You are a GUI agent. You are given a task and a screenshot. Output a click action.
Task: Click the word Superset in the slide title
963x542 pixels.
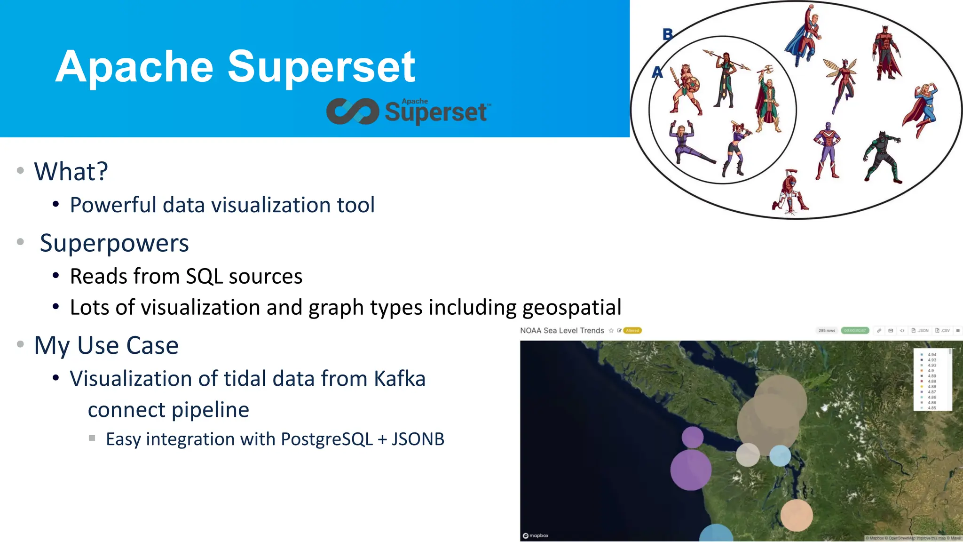pos(321,67)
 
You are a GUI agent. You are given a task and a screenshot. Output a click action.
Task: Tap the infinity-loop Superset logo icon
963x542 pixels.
pos(353,112)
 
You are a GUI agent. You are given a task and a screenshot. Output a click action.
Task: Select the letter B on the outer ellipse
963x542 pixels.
pos(668,34)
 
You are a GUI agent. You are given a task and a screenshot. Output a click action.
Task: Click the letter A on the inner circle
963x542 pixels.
pos(657,72)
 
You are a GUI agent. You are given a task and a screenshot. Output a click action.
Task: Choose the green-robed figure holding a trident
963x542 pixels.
pos(767,101)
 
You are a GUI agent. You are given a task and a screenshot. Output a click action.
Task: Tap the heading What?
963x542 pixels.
pos(71,171)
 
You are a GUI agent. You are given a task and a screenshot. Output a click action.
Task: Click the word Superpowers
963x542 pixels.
pos(114,243)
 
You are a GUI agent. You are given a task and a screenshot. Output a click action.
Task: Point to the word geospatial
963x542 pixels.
pos(572,308)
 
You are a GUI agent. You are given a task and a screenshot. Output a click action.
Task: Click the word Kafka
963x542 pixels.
pos(400,379)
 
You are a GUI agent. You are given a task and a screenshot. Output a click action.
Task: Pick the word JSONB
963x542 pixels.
pos(418,439)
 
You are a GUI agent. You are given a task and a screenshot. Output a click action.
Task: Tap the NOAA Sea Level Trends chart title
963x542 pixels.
pos(562,331)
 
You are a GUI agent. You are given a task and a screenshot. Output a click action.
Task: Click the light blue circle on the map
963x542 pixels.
pos(780,455)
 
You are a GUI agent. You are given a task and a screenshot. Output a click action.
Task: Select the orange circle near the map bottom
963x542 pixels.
pos(797,515)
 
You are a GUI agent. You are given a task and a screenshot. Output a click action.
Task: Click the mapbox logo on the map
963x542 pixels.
pos(536,535)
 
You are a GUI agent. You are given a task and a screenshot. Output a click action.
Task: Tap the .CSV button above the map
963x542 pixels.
pos(943,331)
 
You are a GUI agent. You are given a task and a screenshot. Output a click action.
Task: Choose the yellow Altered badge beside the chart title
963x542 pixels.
pos(632,331)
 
